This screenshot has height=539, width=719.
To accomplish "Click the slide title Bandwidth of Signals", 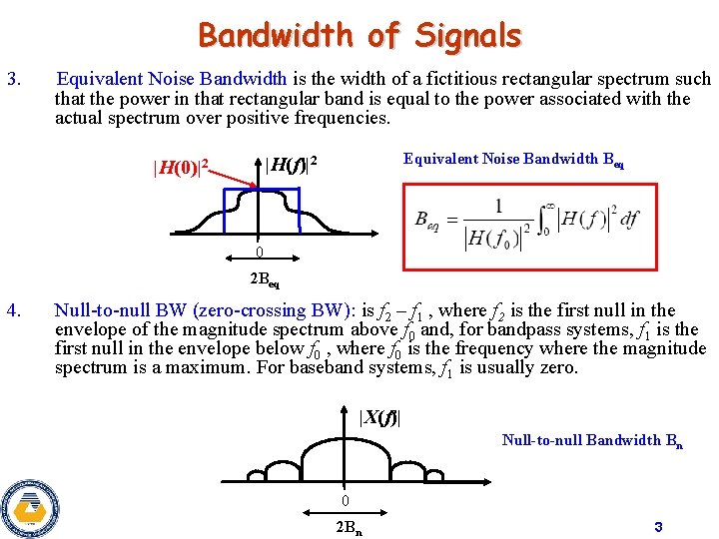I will click(x=359, y=36).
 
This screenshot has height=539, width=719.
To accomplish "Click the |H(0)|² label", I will click(x=180, y=167).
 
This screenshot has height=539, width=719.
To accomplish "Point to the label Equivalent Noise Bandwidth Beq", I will click(x=513, y=160).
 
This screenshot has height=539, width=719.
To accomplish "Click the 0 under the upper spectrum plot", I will click(x=259, y=252).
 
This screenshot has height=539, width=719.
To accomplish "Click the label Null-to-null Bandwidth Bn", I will click(x=592, y=440).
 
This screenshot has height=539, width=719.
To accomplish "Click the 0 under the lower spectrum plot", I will click(x=344, y=500).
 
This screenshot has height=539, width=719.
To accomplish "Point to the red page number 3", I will click(x=658, y=526).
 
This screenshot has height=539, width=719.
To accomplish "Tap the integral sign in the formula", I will click(x=546, y=222).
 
